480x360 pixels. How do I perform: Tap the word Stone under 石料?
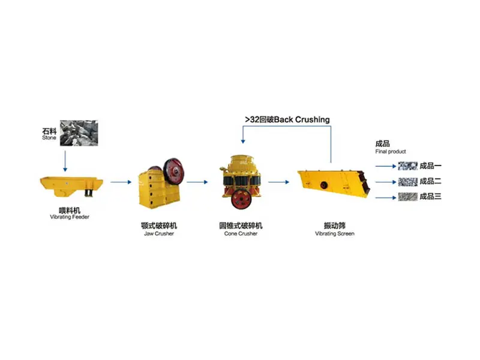click(49, 137)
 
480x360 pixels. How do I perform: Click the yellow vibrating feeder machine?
click(71, 184)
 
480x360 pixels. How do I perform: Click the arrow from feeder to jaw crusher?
click(120, 182)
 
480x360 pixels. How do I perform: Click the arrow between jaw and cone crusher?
click(197, 182)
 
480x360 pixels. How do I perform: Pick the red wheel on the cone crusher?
click(242, 198)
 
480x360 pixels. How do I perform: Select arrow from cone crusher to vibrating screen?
click(278, 182)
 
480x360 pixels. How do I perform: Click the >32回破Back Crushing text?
click(287, 119)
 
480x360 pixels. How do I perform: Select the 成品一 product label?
click(430, 166)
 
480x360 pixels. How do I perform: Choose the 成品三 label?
click(430, 196)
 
